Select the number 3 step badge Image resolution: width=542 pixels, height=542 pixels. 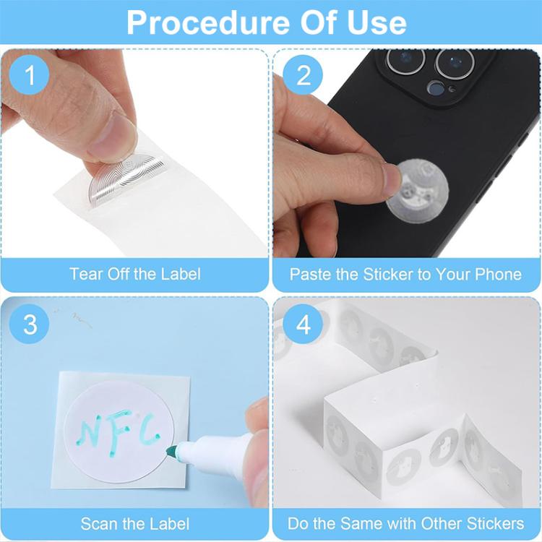click(30, 324)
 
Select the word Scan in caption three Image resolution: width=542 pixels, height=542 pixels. click(98, 523)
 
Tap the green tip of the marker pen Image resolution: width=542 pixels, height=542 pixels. click(172, 452)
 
